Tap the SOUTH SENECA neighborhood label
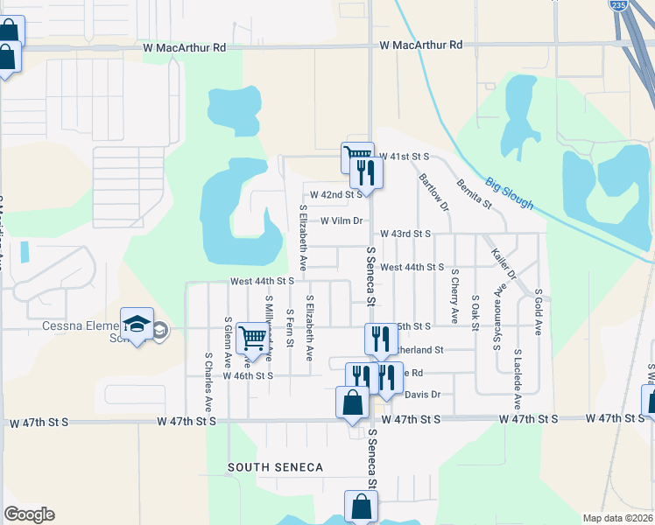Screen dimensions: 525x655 coord(276,467)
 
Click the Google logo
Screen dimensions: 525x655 coord(29,514)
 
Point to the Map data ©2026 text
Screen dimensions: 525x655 coord(617,518)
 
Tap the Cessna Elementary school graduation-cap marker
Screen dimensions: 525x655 coord(137,325)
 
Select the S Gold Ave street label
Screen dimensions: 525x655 coord(539,311)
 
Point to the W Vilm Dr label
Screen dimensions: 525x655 coord(342,220)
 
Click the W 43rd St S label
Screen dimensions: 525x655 coord(406,234)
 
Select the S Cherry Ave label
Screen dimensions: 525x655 coord(454,296)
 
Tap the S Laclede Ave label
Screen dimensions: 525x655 coord(518,379)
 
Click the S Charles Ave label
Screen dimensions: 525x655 coord(208,382)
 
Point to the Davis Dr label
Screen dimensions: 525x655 coord(422,395)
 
